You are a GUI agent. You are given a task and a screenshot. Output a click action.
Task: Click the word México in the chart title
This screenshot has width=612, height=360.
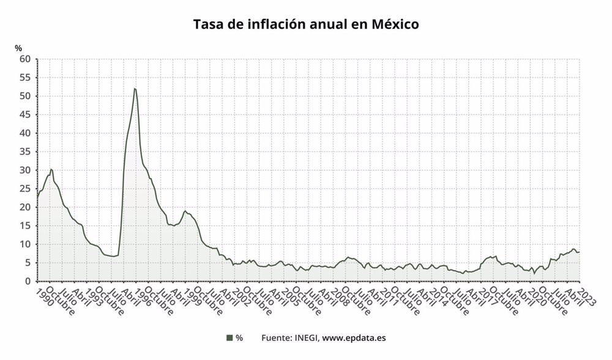(395, 24)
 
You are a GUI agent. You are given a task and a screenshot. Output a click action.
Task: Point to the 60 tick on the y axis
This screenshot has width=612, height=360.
(25, 59)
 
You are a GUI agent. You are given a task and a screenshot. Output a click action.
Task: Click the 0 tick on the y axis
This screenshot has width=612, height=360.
(28, 282)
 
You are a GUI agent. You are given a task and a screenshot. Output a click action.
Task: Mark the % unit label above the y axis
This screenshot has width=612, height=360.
(18, 48)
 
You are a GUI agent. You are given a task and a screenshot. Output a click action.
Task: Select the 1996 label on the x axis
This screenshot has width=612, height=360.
(142, 296)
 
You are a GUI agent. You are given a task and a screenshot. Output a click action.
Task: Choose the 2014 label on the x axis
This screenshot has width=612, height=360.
(436, 296)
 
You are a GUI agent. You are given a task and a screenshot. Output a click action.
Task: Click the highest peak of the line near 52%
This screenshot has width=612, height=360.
(135, 89)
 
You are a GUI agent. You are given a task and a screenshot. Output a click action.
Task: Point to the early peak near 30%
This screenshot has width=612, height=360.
(51, 169)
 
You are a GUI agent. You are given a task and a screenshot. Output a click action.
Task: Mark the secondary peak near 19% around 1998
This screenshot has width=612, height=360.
(185, 211)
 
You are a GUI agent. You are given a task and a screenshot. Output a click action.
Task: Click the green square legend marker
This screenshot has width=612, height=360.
(229, 337)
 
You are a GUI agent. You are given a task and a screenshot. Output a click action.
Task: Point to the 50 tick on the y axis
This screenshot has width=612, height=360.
(25, 96)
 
